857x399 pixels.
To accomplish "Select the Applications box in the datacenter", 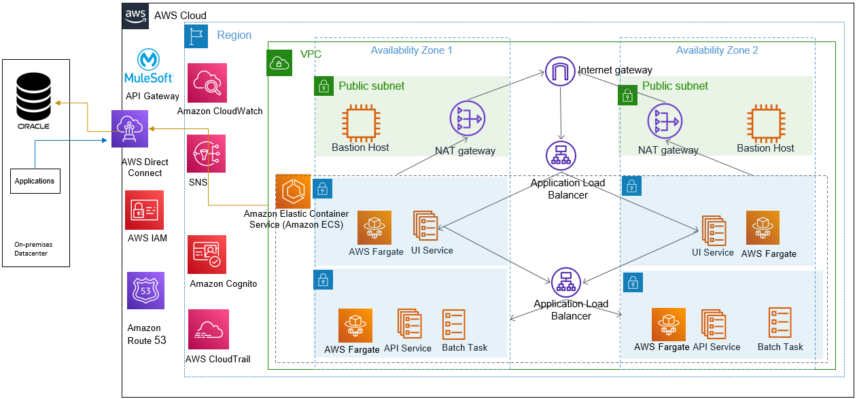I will coord(34,181).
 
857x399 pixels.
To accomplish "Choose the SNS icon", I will coord(207,154).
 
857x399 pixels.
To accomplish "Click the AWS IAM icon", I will coord(145,210).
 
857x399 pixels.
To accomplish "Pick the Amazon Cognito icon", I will coord(207,254).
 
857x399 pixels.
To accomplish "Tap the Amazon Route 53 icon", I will coord(145,291).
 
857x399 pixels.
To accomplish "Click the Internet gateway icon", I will coord(561,70).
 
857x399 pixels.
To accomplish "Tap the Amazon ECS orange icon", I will coord(293,191).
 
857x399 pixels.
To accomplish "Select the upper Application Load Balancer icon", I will coord(561,156).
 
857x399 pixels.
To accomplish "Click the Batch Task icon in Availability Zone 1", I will coord(454,325).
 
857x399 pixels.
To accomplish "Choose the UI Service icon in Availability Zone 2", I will coord(714,231).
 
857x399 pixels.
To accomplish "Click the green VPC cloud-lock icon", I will coord(280,63).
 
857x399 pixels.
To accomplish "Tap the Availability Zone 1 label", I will coord(411,50).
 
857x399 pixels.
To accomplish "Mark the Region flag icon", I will coord(196,35).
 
